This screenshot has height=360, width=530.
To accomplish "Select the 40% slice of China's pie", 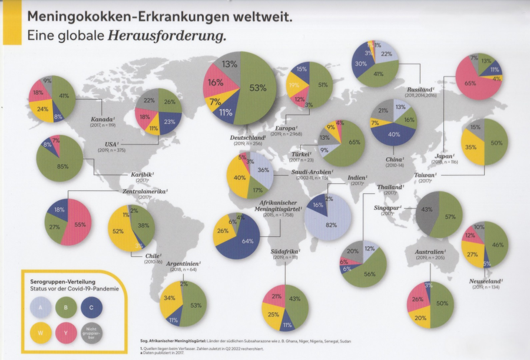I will tap(395, 134).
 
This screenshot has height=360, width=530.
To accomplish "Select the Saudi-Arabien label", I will tap(311, 172).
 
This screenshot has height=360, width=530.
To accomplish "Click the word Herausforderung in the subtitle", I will tap(167, 36).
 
